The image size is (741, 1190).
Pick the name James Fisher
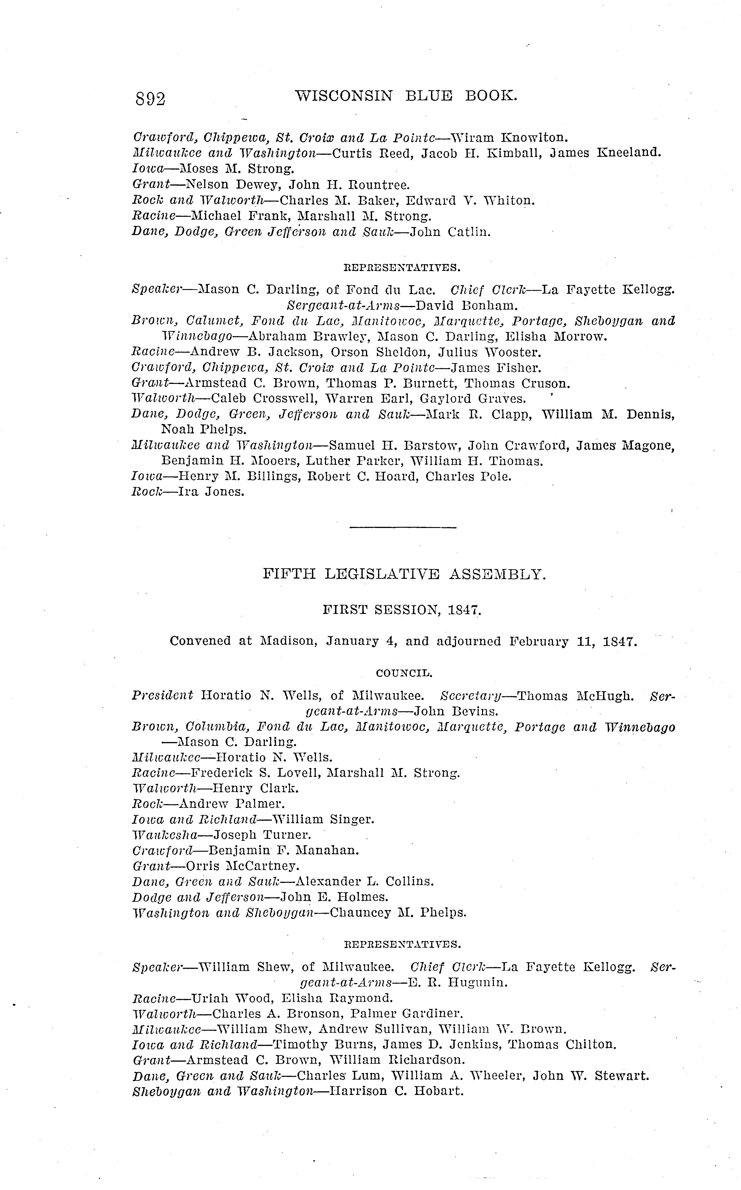pos(496,368)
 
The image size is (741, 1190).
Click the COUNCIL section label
pos(404,673)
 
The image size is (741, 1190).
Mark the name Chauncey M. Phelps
pos(398,913)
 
